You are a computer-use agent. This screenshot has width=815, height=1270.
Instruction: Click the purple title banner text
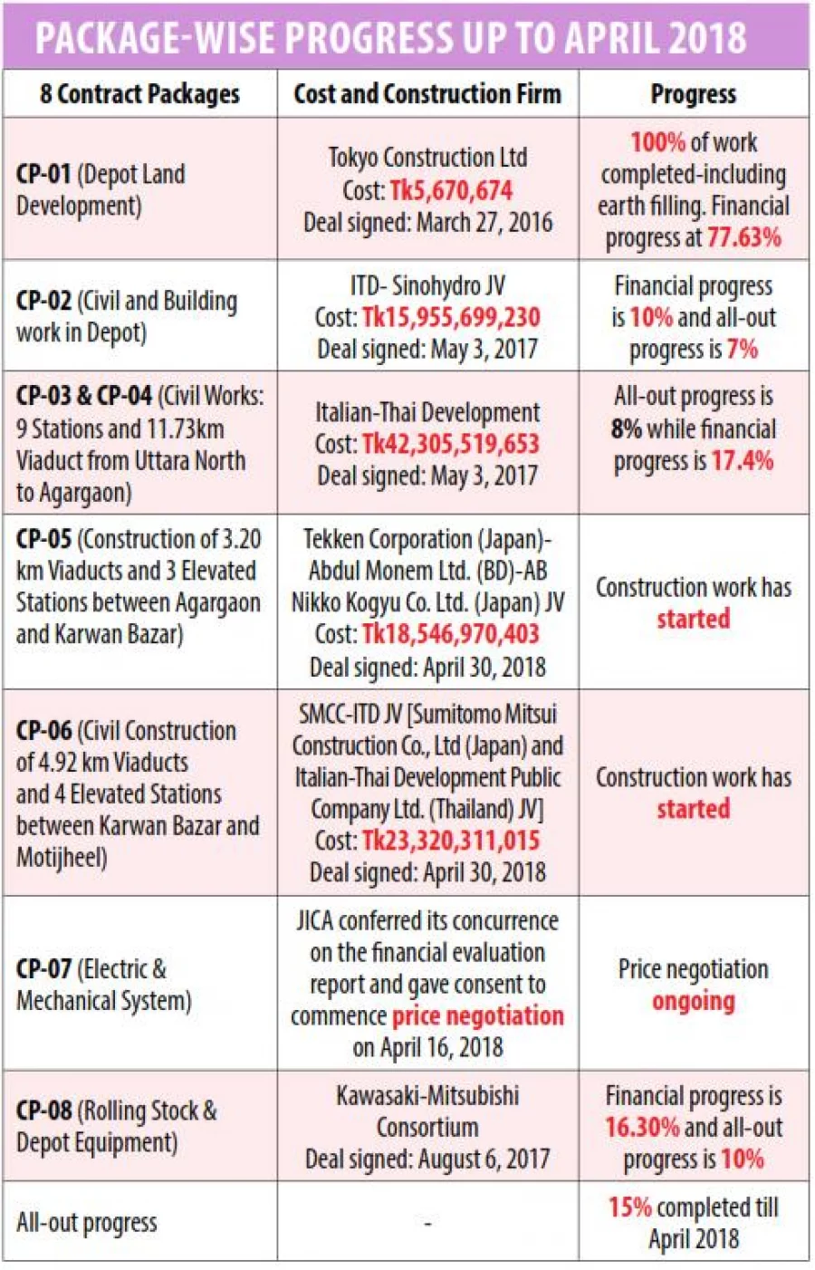click(x=390, y=37)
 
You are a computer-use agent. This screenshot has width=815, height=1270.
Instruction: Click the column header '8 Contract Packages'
click(x=139, y=94)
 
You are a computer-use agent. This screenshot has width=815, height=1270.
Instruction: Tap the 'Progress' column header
click(x=693, y=94)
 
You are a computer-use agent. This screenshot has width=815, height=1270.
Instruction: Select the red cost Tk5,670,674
click(x=451, y=191)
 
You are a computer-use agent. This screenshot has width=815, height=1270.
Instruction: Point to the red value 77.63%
click(x=744, y=238)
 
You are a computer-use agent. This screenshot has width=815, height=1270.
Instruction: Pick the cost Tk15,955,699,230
click(x=451, y=318)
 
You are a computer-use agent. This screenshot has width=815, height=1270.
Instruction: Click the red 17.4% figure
click(x=742, y=461)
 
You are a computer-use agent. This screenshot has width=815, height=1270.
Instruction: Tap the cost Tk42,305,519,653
click(x=451, y=444)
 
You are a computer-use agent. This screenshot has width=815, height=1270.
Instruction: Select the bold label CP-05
click(x=43, y=539)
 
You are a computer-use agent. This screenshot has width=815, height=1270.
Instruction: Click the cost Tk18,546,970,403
click(x=451, y=634)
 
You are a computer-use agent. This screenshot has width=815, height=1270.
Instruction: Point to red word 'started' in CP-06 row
click(x=693, y=809)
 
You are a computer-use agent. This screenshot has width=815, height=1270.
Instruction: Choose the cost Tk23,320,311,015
click(x=451, y=841)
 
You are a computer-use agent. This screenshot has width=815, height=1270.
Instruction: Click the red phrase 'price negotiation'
click(x=477, y=1016)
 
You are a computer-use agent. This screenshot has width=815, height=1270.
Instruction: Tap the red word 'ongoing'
click(x=693, y=1002)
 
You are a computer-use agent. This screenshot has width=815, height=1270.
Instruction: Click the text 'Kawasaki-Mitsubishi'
click(x=427, y=1096)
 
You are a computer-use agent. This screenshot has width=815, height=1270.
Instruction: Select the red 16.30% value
click(x=642, y=1128)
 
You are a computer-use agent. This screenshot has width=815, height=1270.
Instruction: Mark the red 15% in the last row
click(x=629, y=1207)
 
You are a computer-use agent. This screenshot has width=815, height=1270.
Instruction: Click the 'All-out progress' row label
click(x=86, y=1223)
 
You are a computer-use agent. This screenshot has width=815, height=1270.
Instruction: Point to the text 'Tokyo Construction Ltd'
click(x=427, y=158)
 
